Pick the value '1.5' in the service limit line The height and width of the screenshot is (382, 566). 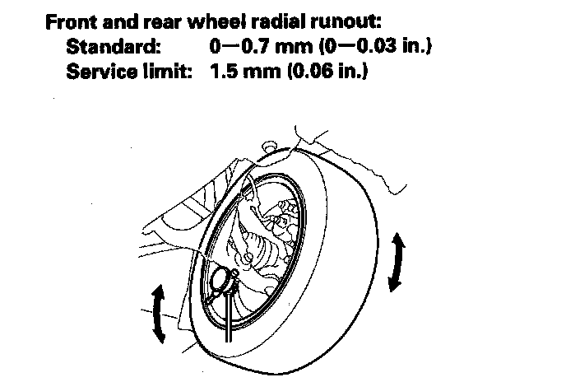[x=222, y=72]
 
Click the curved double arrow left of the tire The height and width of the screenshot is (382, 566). [x=159, y=314]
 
